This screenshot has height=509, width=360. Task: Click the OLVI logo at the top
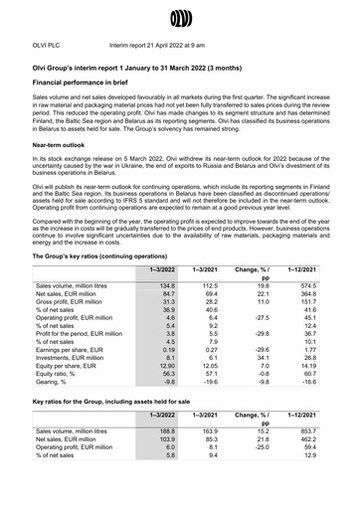pyautogui.click(x=180, y=16)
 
